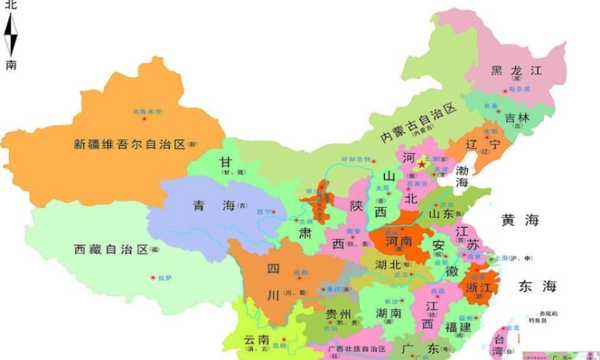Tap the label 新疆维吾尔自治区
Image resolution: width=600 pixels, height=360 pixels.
pos(130,145)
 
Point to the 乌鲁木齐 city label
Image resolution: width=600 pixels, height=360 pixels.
pos(147,112)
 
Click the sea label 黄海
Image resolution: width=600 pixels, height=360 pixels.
pos(520,221)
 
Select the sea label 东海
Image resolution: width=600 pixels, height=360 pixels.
pos(538,286)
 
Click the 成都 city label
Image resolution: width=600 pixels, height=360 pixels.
pos(300,273)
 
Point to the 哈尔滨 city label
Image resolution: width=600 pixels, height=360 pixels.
pos(520,89)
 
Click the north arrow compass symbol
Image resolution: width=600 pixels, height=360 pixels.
pos(11,35)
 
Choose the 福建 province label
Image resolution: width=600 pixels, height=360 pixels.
pos(459,328)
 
